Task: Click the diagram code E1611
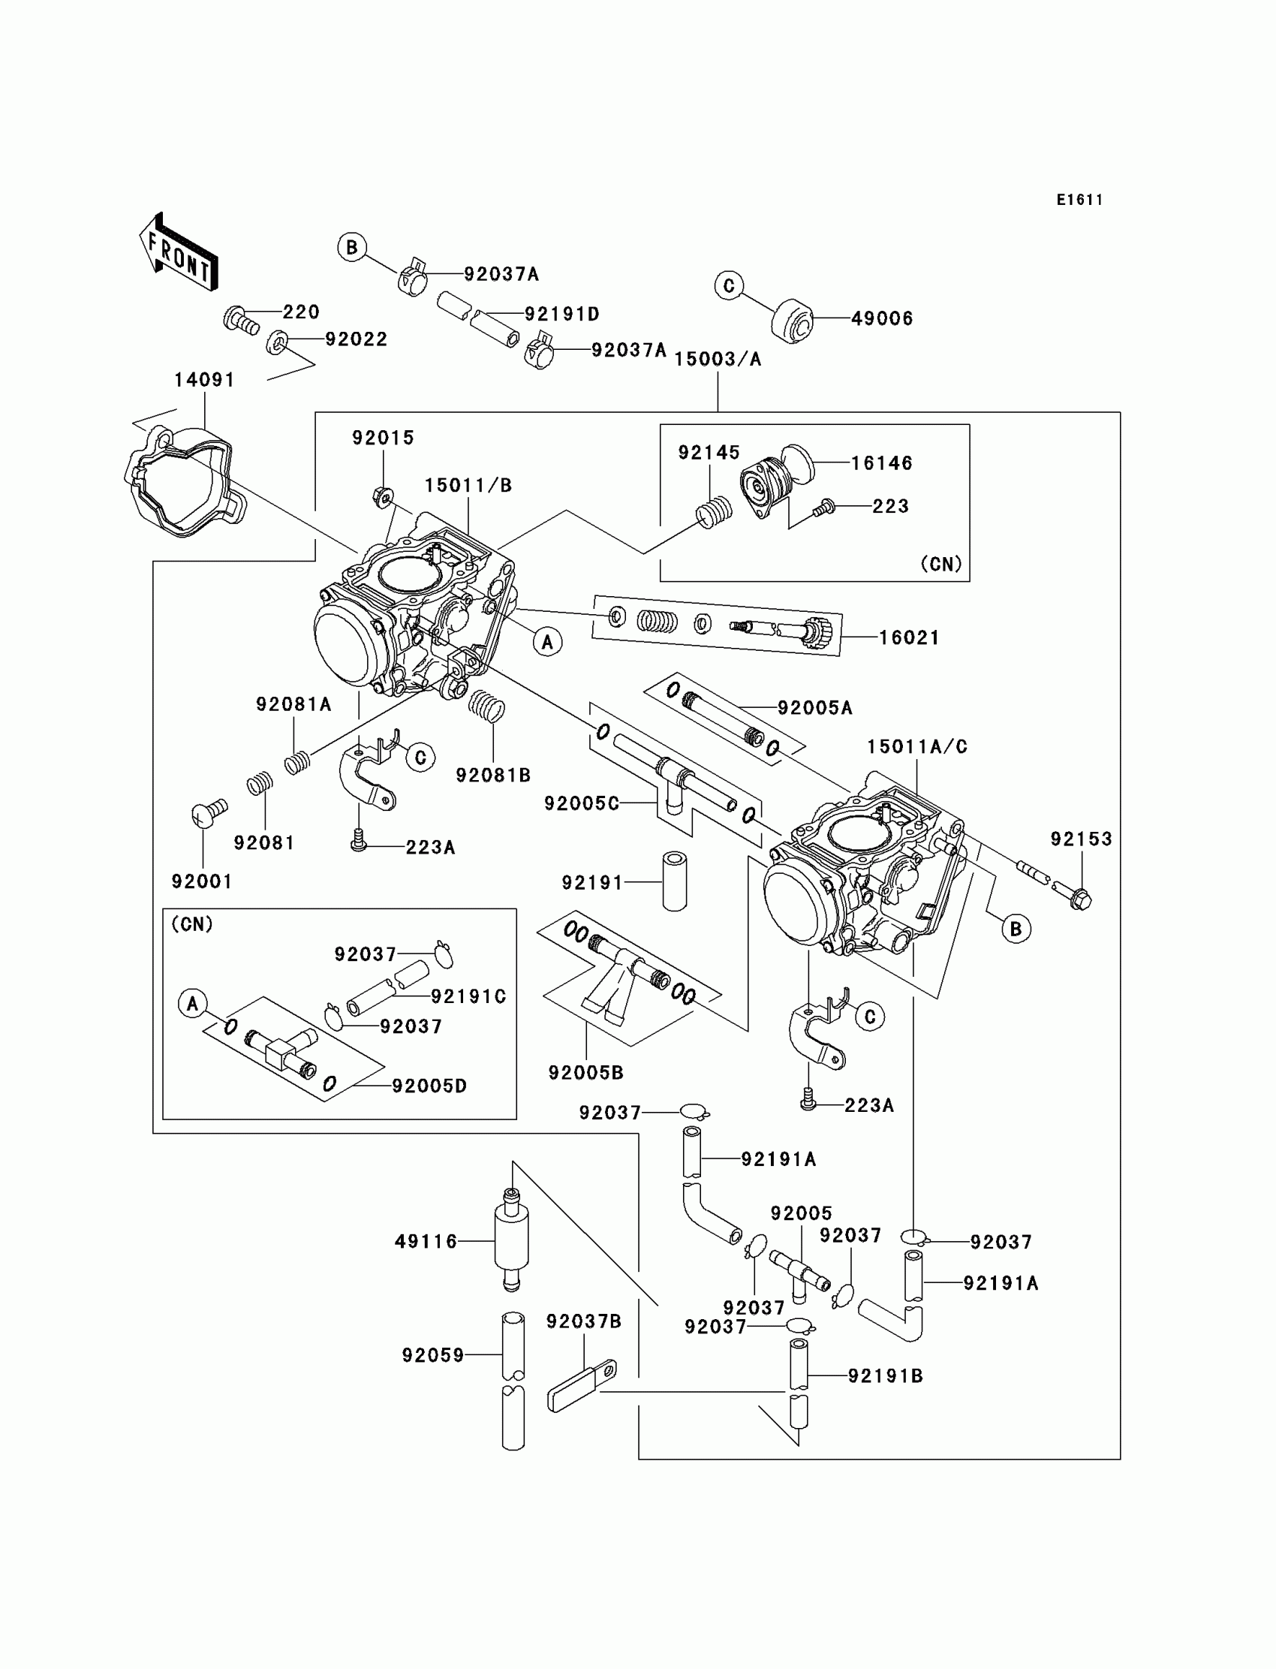click(x=1079, y=200)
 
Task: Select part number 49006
click(x=882, y=318)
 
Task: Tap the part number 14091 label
click(x=204, y=380)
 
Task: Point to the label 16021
click(x=909, y=637)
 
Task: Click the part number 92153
click(x=1081, y=839)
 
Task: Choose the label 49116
click(x=426, y=1242)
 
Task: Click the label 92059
click(x=433, y=1355)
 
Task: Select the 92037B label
click(x=584, y=1322)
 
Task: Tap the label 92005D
click(x=429, y=1086)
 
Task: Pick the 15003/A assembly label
click(x=718, y=360)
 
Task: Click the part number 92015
click(x=383, y=438)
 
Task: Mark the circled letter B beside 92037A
click(x=352, y=248)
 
